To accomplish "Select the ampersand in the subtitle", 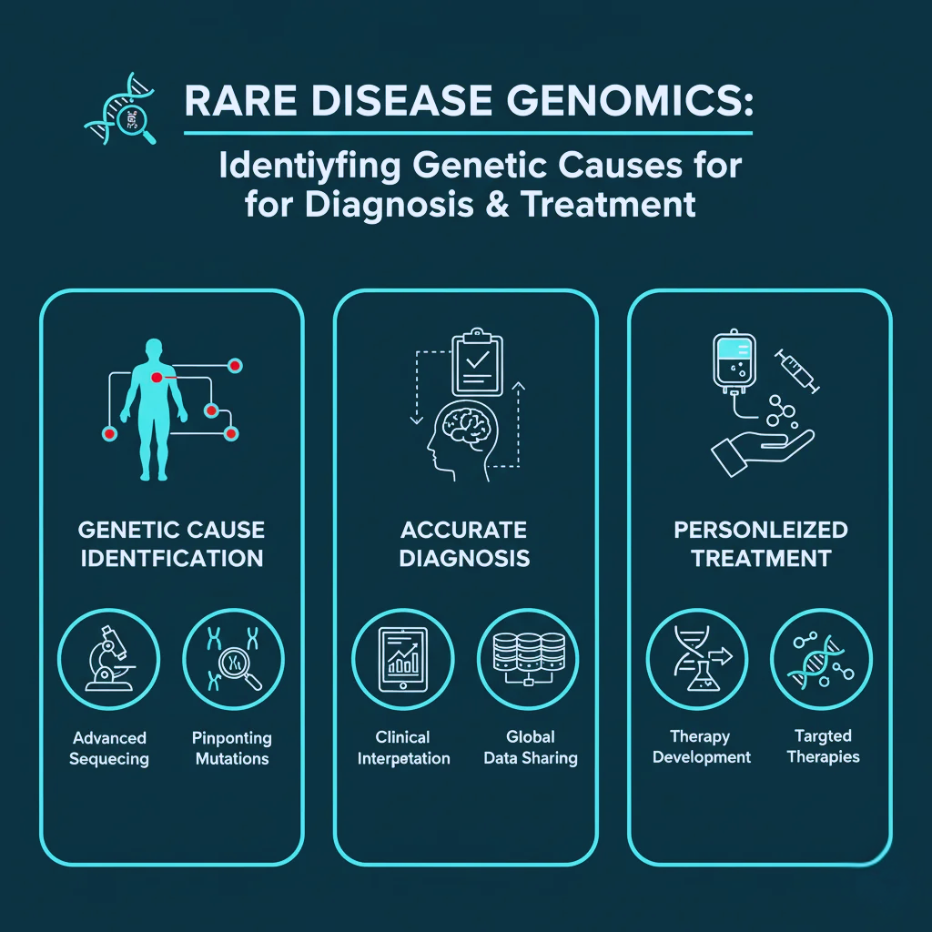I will pos(496,203).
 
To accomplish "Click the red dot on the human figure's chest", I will pos(157,377).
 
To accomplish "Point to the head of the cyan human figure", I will pos(155,349).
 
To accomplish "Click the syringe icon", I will pos(797,371).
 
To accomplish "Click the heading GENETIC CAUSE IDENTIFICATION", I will pos(171,543).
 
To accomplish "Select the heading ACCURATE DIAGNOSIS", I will pos(464,543).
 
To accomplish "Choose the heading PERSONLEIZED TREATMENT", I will pos(761,543).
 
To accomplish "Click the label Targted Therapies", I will pos(823,746).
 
